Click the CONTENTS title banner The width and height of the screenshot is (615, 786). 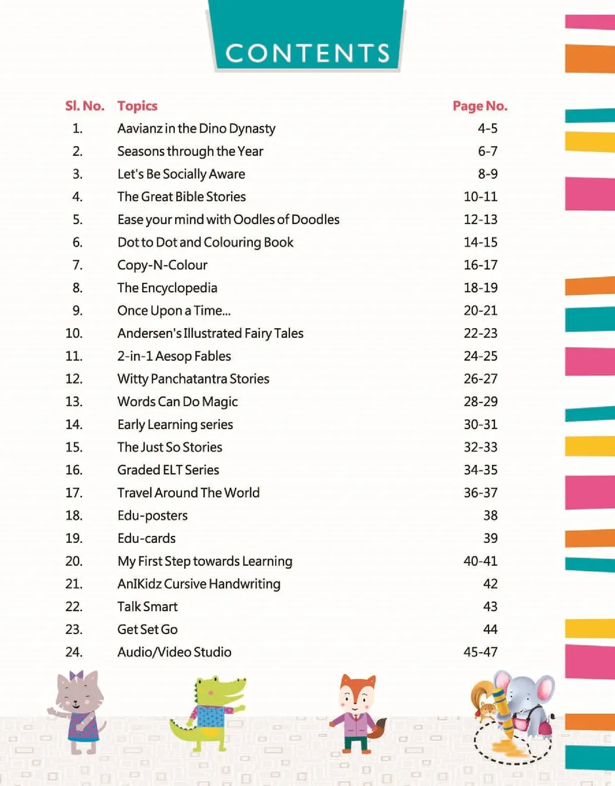click(307, 35)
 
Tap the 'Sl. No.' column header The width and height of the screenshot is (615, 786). click(84, 106)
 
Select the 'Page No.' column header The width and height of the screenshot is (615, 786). click(480, 106)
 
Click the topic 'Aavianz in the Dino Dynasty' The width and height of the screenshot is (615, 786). click(196, 129)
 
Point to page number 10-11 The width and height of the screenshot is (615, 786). click(481, 196)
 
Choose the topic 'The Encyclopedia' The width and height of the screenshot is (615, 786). click(167, 288)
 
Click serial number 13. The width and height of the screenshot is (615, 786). click(74, 402)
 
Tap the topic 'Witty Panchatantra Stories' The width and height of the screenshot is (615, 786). click(193, 379)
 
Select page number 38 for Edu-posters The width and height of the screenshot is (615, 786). click(491, 515)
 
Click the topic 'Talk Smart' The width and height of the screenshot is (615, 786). click(147, 607)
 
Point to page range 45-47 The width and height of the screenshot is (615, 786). click(481, 652)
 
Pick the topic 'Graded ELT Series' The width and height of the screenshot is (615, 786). click(168, 470)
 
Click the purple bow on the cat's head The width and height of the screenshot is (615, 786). click(76, 675)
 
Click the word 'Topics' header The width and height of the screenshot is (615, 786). click(138, 106)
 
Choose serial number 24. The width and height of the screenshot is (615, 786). click(74, 652)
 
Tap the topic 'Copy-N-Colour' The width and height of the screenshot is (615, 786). click(162, 265)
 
